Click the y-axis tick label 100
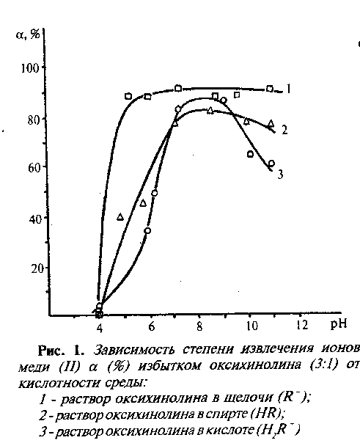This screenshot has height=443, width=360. pos(29,68)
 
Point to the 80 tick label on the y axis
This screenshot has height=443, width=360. pos(33,120)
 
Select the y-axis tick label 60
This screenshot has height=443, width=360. pos(33,168)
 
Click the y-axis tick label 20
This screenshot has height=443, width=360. pos(37,268)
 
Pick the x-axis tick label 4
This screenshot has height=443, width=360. pos(100,329)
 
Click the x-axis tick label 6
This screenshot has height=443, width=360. pos(152,326)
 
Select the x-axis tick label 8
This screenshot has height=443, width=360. pos(199,326)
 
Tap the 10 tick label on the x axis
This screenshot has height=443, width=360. pos(252,326)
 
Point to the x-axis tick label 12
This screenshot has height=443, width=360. pos(302,325)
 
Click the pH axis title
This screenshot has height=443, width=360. pos(338,323)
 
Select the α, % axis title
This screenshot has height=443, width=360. pos(28,34)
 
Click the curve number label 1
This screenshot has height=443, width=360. pos(287,89)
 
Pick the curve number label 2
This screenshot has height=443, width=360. pos(284,130)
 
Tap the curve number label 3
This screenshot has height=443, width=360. pos(280,175)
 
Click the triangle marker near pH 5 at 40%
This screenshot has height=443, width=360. pos(120,216)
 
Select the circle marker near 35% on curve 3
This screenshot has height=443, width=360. pos(147,230)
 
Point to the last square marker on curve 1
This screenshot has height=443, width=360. pos(270,89)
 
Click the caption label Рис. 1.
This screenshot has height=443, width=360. pos(61,351)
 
